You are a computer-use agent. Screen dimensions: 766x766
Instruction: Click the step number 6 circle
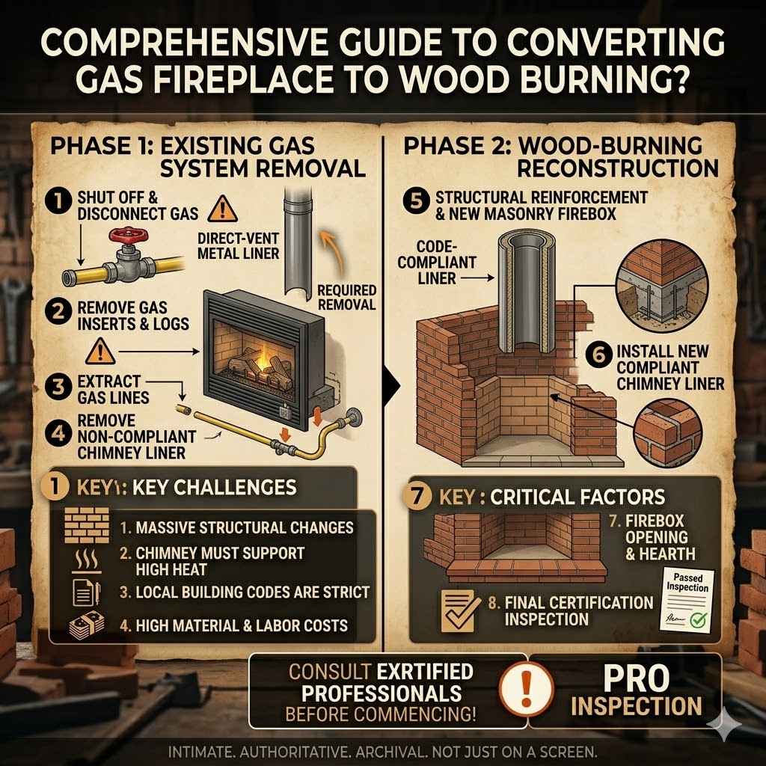click(596, 352)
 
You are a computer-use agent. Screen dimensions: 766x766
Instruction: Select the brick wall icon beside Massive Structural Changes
click(81, 526)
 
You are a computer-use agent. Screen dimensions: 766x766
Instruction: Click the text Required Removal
click(346, 297)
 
